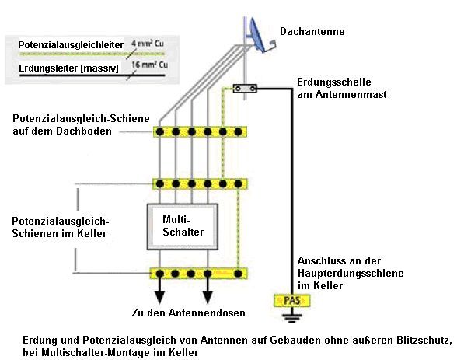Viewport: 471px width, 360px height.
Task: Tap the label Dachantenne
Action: coord(312,32)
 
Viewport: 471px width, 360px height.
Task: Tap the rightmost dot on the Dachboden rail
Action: coord(240,132)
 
